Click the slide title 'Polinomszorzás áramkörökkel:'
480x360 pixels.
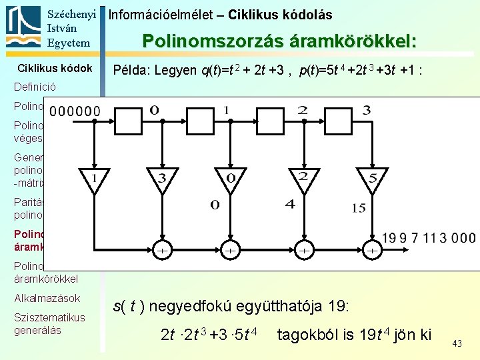pos(280,41)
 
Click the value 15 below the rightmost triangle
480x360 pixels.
pos(359,208)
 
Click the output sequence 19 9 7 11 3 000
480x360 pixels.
pos(429,238)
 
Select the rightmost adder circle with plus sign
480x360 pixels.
pos(372,250)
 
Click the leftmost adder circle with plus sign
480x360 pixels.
pos(161,250)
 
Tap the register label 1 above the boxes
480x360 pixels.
pos(227,109)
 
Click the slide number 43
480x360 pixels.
pos(457,343)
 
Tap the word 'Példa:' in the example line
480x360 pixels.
pos(133,70)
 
